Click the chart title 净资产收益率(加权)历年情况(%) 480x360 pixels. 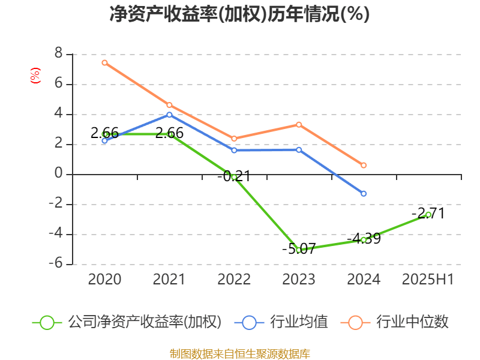[239, 14]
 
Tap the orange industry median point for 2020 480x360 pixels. [104, 62]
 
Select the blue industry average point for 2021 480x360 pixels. [169, 115]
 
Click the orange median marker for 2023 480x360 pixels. [299, 124]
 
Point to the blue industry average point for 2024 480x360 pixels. [364, 193]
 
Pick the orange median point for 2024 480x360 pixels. [364, 165]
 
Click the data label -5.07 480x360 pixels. [299, 248]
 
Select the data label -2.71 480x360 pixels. [428, 213]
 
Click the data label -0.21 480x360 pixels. [234, 176]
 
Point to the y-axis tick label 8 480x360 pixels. [58, 54]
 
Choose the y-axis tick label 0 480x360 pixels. [58, 174]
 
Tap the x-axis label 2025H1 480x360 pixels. [428, 280]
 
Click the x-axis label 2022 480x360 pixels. [234, 280]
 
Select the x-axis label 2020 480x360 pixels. [104, 280]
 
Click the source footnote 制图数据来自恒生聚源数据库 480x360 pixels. [239, 353]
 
